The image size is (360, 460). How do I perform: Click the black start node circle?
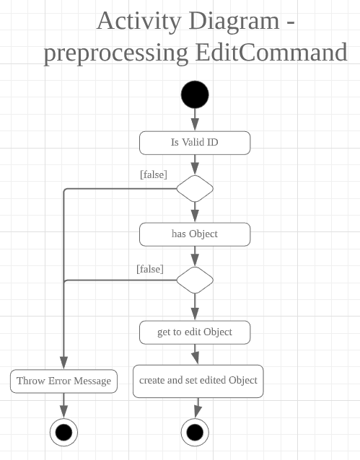click(195, 94)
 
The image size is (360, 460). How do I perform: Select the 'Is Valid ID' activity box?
click(195, 143)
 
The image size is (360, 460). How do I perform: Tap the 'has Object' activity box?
click(195, 234)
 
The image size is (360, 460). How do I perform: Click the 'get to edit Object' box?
click(195, 332)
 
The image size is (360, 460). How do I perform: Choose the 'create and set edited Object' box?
click(198, 381)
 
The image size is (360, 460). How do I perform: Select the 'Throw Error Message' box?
click(63, 381)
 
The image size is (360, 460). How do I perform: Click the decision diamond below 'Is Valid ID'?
click(195, 189)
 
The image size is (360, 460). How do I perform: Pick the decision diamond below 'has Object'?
click(195, 280)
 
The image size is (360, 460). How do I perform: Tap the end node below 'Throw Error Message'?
click(63, 433)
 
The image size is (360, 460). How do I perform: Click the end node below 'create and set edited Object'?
click(195, 433)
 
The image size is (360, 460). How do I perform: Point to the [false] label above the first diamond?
click(154, 174)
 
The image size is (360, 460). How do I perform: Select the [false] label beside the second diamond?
click(150, 269)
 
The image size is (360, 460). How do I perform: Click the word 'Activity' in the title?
click(139, 22)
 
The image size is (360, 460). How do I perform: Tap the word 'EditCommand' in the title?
click(271, 53)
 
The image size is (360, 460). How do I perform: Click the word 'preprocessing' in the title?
click(116, 54)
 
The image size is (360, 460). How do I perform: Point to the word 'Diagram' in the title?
click(234, 22)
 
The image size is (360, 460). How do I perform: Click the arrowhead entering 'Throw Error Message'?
click(63, 363)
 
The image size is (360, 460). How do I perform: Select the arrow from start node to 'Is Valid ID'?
click(195, 120)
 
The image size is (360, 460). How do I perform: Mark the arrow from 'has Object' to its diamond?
click(195, 257)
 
